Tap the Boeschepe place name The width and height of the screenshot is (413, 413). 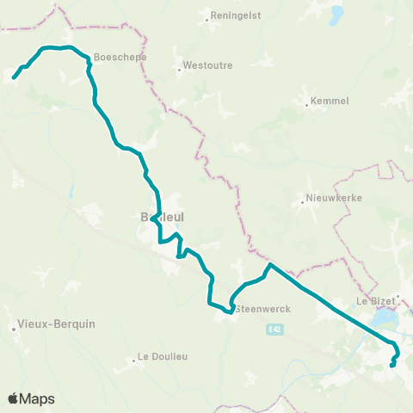[x=120, y=58]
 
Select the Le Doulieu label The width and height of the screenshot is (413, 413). [x=163, y=356]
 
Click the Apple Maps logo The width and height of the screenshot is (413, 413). [x=31, y=398]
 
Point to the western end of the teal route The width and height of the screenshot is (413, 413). [x=14, y=78]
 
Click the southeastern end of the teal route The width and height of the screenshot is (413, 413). [x=391, y=366]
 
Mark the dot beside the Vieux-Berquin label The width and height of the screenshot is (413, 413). [x=15, y=328]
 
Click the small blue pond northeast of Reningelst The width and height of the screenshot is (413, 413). [x=336, y=15]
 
